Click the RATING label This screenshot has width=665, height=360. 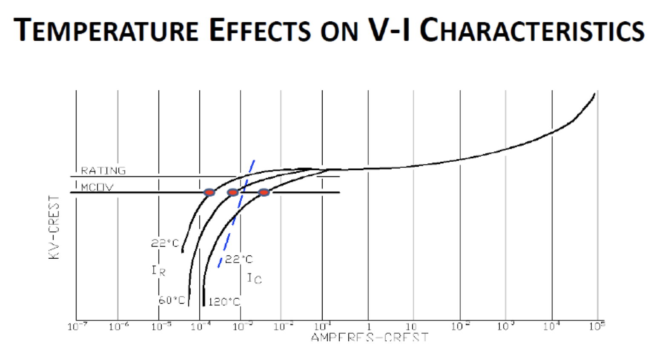point(103,171)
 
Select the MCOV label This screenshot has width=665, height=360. point(97,187)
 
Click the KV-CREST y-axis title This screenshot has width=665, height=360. point(54,228)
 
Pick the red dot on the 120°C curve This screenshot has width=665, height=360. point(264,192)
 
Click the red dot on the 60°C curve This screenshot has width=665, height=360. point(232,192)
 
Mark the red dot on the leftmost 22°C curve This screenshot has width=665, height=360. point(209,192)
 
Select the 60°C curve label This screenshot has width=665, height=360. point(172,300)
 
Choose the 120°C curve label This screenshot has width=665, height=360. point(224,302)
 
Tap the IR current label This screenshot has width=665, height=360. point(158,270)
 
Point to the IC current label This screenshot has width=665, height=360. point(254,278)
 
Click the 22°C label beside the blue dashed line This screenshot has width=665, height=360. point(238,259)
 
